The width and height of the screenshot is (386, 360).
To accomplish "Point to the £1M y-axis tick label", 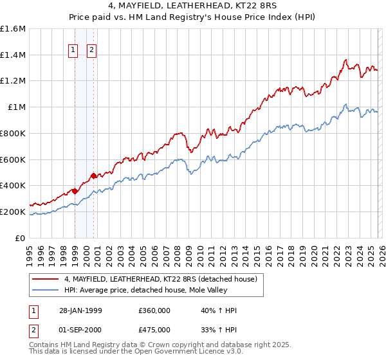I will tap(17, 107).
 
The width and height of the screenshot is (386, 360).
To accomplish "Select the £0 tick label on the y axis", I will tap(21, 238).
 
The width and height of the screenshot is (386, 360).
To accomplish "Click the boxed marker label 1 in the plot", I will tap(73, 50).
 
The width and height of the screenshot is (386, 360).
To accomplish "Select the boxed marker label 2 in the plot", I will tap(92, 50).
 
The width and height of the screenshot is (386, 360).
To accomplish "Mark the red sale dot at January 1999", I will tap(75, 190).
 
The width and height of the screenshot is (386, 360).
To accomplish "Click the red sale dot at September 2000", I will tap(94, 175).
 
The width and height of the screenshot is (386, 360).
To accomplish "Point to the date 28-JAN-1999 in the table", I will tap(80, 310).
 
